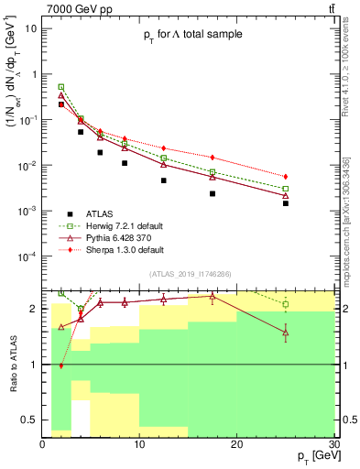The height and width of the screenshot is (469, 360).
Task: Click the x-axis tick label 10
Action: tap(139, 442)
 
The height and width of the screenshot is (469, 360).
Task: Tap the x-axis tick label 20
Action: tap(236, 442)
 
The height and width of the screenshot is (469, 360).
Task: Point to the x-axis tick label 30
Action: tap(333, 442)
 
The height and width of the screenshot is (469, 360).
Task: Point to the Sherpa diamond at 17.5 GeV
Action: tap(213, 158)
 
